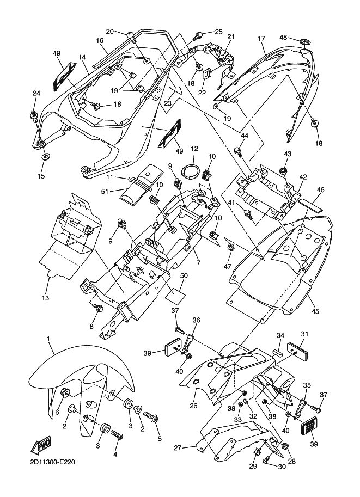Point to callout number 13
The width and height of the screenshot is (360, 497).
[45, 298]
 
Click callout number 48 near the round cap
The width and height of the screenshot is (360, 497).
[284, 37]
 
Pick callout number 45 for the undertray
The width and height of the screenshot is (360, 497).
[315, 311]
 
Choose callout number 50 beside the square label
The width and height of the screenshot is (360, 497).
[184, 277]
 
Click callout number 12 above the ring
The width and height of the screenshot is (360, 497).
[193, 148]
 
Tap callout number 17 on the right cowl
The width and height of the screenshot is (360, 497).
[261, 38]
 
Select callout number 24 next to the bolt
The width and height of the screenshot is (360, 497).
[36, 93]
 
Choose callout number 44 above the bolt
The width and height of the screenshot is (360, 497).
[244, 135]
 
